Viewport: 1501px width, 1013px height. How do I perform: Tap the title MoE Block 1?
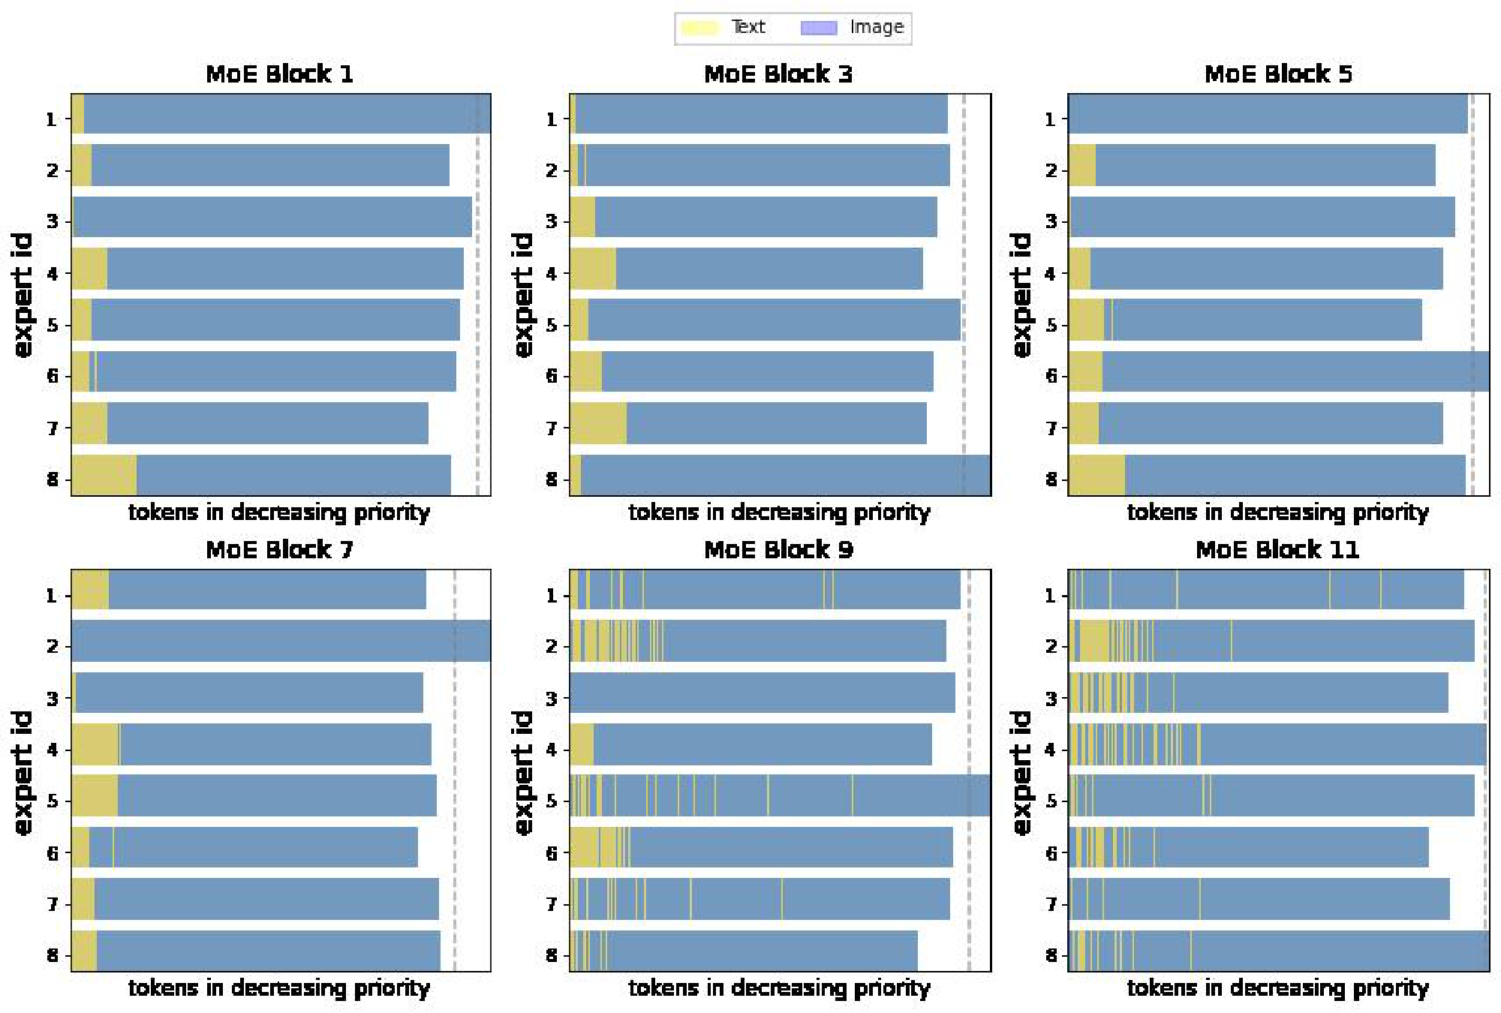tap(279, 74)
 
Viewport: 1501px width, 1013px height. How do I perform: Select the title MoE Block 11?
tap(1277, 550)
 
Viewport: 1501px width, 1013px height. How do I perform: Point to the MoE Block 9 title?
tap(778, 550)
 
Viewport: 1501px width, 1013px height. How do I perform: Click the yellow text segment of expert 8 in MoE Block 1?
tap(104, 475)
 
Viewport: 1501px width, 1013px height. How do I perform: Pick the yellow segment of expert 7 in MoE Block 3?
tap(598, 423)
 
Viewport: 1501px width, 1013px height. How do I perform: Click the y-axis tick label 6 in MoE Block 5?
tap(1051, 376)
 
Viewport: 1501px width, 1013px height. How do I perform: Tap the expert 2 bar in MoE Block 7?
tap(281, 641)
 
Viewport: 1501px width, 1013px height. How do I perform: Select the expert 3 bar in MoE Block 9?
tap(762, 693)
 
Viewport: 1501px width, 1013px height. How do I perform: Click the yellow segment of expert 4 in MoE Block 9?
tap(582, 744)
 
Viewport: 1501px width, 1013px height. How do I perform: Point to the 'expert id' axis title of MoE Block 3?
tap(523, 294)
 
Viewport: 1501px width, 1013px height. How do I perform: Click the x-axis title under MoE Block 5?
tap(1277, 513)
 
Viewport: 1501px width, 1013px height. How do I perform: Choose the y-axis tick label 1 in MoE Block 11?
tap(1051, 596)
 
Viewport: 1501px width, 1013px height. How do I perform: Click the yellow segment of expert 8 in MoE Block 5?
tap(1096, 475)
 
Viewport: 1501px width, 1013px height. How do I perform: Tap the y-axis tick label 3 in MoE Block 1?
tap(52, 221)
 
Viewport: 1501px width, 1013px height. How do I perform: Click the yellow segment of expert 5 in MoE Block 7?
tap(95, 795)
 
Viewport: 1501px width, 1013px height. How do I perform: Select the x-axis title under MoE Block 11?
tap(1277, 988)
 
